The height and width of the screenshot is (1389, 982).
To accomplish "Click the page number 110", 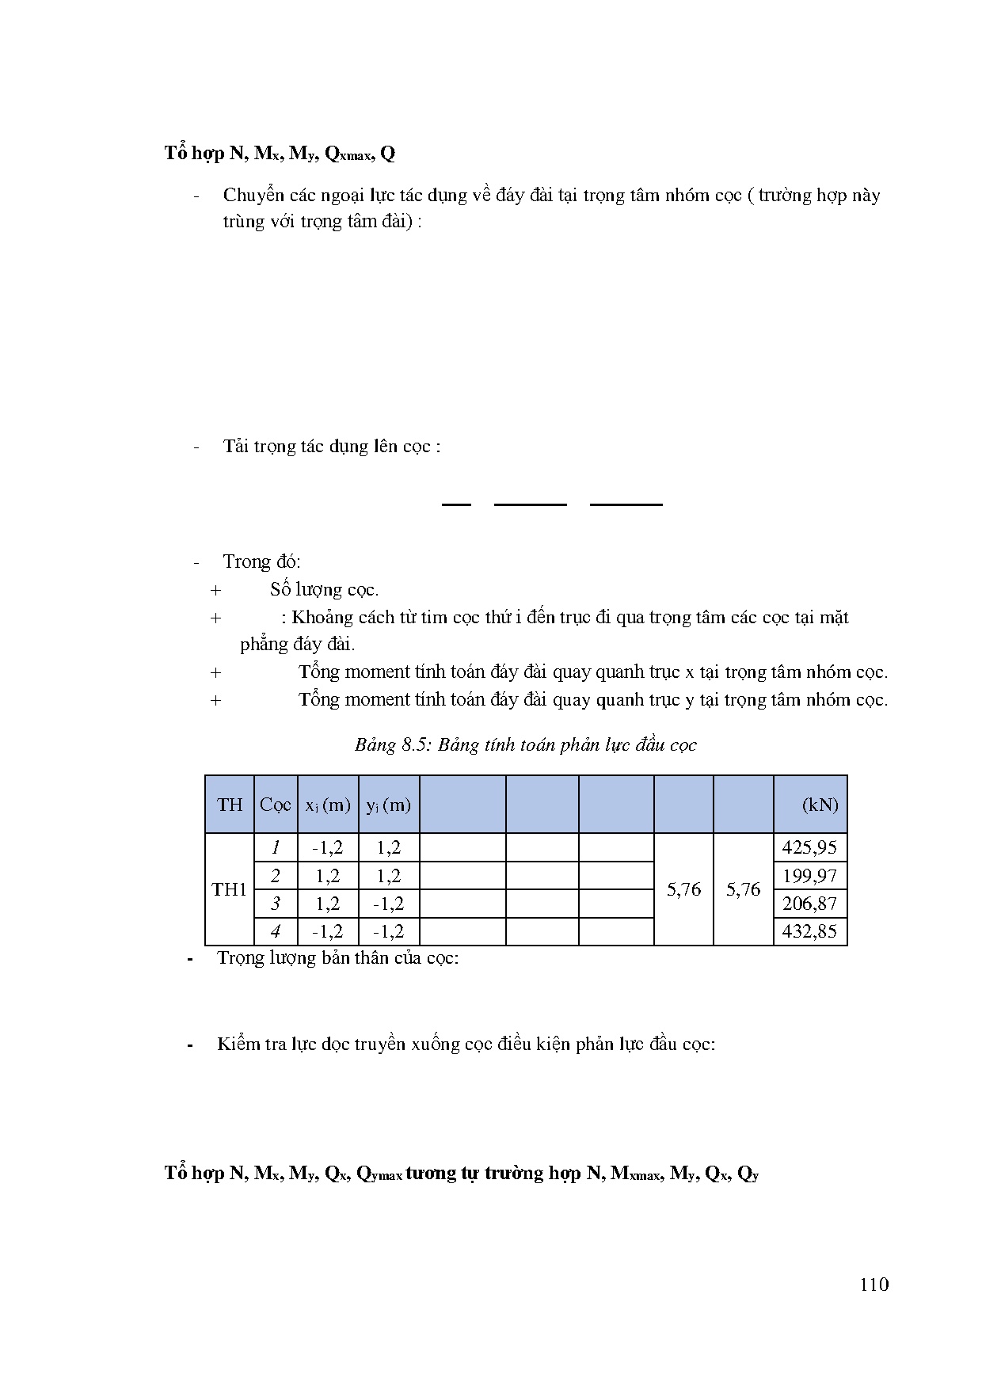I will (x=874, y=1284).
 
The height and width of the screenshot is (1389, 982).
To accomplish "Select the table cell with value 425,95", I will (x=809, y=847).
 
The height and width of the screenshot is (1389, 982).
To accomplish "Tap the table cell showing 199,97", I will (x=809, y=876).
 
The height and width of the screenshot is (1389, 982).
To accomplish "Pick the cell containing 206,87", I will (x=809, y=904).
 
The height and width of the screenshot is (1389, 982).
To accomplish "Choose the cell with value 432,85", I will (x=809, y=931).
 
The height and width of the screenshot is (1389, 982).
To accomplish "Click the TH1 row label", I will (x=230, y=889).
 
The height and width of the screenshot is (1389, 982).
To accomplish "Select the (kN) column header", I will (x=820, y=805).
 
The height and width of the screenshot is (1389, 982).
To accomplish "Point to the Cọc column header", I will (x=276, y=805).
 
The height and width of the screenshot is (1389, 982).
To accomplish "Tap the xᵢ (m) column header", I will (x=328, y=805).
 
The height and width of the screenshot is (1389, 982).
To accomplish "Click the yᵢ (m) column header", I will (x=388, y=805).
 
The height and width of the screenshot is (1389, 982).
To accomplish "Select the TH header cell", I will (x=230, y=805).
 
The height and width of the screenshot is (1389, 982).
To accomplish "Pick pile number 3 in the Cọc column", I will (x=276, y=904).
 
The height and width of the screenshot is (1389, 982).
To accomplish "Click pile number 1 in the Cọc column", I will (x=276, y=847).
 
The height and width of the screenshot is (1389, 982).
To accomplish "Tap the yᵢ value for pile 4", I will (x=388, y=931).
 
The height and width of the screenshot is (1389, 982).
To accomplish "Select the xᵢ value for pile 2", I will (x=328, y=876).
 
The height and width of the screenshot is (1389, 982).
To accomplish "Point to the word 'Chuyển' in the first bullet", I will (x=251, y=196).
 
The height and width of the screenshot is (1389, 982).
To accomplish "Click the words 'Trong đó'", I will (x=261, y=561).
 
